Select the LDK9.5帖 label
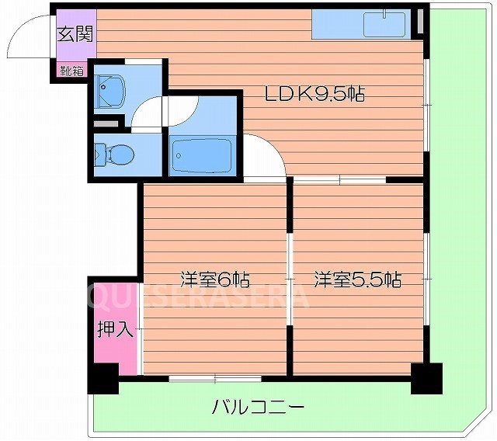click(315, 95)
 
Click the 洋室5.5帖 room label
click(357, 279)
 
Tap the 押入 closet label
click(116, 329)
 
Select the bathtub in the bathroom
click(201, 156)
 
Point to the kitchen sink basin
click(385, 24)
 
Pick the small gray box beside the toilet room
click(105, 122)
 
